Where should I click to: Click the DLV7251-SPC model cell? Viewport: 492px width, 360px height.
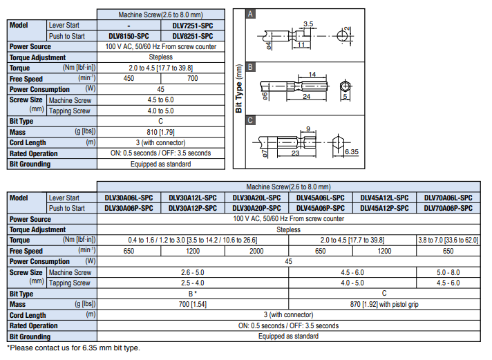[x=193, y=25]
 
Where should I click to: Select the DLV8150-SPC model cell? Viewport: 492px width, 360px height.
[x=129, y=35]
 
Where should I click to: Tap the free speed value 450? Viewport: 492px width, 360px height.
[x=129, y=79]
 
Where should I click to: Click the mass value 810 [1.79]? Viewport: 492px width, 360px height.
[x=160, y=132]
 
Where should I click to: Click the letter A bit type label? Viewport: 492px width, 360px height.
[x=252, y=14]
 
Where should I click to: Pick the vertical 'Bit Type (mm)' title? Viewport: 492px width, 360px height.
[x=239, y=89]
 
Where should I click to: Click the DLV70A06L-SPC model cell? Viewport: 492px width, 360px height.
[x=448, y=198]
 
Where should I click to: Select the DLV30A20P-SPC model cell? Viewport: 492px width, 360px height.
[x=256, y=208]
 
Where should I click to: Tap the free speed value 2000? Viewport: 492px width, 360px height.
[x=256, y=252]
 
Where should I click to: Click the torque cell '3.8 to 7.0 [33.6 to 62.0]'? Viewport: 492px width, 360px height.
[x=448, y=240]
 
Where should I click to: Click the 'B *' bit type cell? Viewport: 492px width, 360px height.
[x=193, y=294]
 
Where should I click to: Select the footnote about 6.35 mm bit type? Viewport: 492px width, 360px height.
[x=73, y=348]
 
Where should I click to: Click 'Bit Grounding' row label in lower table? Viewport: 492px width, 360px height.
[x=30, y=337]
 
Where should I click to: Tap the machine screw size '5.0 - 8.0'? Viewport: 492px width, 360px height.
[x=448, y=273]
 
